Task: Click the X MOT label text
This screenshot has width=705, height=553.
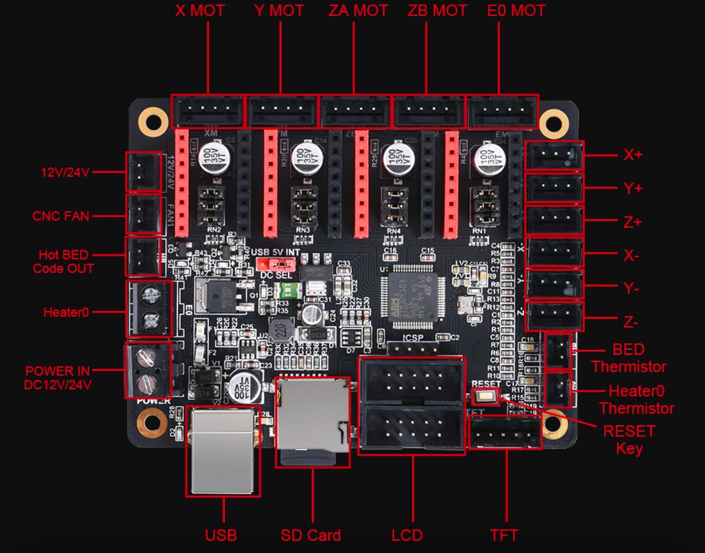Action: (200, 10)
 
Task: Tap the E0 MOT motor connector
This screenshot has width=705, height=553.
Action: (502, 112)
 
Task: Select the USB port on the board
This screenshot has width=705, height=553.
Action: (223, 451)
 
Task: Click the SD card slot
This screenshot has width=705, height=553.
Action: (312, 422)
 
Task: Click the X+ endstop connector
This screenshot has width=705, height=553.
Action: (554, 156)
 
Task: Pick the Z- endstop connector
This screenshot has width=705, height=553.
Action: (554, 316)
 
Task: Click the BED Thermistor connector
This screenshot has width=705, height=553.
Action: (559, 351)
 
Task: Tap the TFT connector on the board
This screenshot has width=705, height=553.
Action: (505, 434)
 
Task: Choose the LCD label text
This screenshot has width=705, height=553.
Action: (407, 535)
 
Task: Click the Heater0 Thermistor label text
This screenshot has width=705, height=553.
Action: (633, 400)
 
